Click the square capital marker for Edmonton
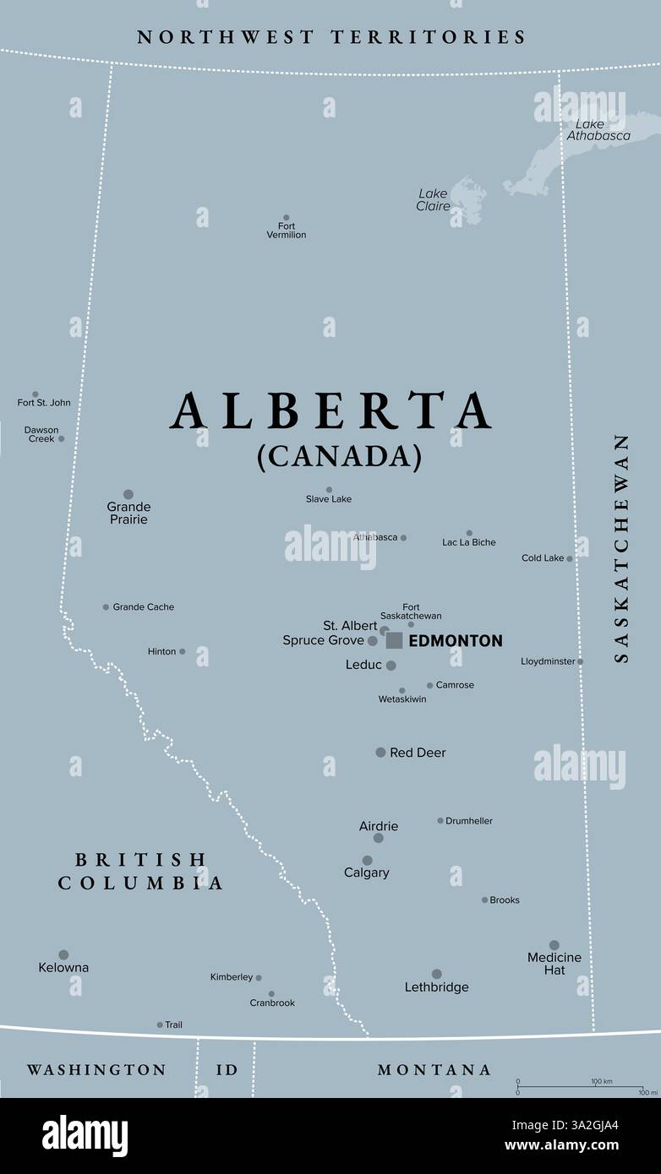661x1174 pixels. [394, 640]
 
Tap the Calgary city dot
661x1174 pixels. [367, 861]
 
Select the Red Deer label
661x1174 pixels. [418, 753]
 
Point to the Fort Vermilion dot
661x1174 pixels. [286, 218]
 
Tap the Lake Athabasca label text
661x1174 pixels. [598, 130]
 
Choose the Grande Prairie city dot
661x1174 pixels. [128, 494]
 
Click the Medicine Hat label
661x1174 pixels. [554, 964]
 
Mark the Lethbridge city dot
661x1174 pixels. [436, 974]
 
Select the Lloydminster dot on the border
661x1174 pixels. [580, 661]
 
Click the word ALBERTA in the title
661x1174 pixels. [331, 412]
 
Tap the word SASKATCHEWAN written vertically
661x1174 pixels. [622, 548]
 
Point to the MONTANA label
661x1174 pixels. [434, 1070]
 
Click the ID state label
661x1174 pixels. [227, 1070]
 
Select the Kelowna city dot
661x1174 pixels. [63, 955]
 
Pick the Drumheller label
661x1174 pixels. [469, 821]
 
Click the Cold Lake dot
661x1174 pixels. [569, 558]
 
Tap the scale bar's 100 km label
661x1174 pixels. [601, 1081]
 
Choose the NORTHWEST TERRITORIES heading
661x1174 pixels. [331, 37]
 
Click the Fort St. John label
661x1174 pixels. [44, 403]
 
